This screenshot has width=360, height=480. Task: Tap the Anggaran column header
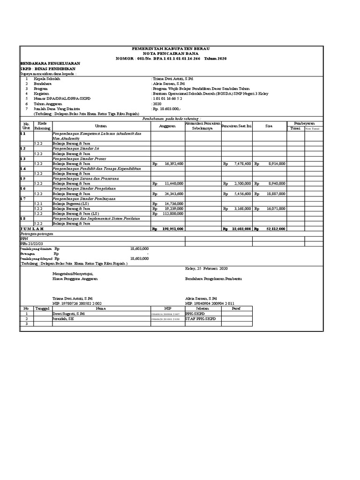pyautogui.click(x=167, y=126)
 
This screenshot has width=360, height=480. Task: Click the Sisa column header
pyautogui.click(x=269, y=126)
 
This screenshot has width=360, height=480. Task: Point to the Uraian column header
pyautogui.click(x=101, y=126)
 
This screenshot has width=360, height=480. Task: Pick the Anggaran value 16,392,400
pyautogui.click(x=173, y=164)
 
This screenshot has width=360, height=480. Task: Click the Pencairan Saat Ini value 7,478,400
pyautogui.click(x=242, y=164)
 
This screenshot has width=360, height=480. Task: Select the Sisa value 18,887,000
pyautogui.click(x=276, y=193)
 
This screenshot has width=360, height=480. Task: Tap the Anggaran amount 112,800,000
pyautogui.click(x=172, y=213)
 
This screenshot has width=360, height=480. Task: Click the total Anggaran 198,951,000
pyautogui.click(x=172, y=228)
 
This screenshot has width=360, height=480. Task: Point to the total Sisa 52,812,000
pyautogui.click(x=276, y=228)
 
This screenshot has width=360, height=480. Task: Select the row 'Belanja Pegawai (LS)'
pyautogui.click(x=71, y=203)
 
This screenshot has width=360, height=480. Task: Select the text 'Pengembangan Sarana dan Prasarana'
pyautogui.click(x=85, y=179)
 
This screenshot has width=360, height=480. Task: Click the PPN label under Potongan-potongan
pyautogui.click(x=23, y=238)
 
